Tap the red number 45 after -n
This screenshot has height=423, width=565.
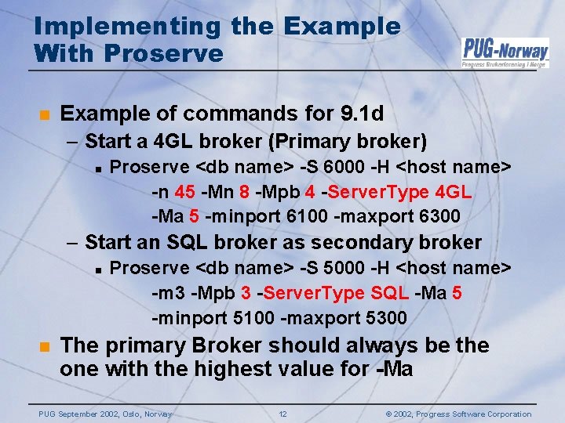185,192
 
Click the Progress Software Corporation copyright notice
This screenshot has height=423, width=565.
460,414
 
